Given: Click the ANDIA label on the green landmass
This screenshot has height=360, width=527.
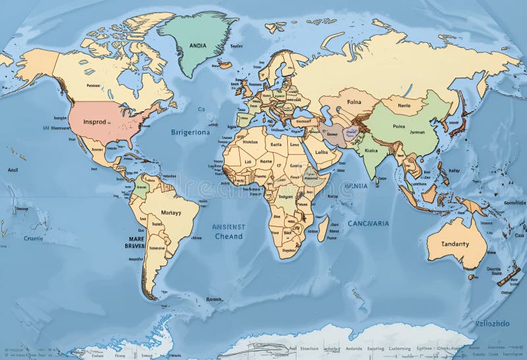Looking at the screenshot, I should click(x=197, y=45).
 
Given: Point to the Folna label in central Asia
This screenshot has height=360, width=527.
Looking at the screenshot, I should click(x=354, y=102).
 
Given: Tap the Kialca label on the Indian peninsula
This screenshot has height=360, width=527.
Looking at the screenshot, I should click(x=370, y=149).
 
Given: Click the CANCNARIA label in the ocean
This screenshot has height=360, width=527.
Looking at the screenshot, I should click(x=368, y=223).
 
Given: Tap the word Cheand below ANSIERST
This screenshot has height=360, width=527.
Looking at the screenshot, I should click(x=229, y=236).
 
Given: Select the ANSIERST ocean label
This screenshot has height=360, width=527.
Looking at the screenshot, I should click(x=228, y=227).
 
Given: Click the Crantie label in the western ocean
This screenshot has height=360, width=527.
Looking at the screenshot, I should click(x=33, y=238).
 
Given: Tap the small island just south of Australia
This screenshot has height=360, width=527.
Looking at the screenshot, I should click(x=472, y=277).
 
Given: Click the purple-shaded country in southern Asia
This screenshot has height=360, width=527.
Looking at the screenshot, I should click(x=334, y=134).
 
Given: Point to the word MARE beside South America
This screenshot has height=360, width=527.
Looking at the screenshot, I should click(x=136, y=239).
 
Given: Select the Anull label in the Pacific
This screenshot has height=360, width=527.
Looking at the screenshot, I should click(x=13, y=169).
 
